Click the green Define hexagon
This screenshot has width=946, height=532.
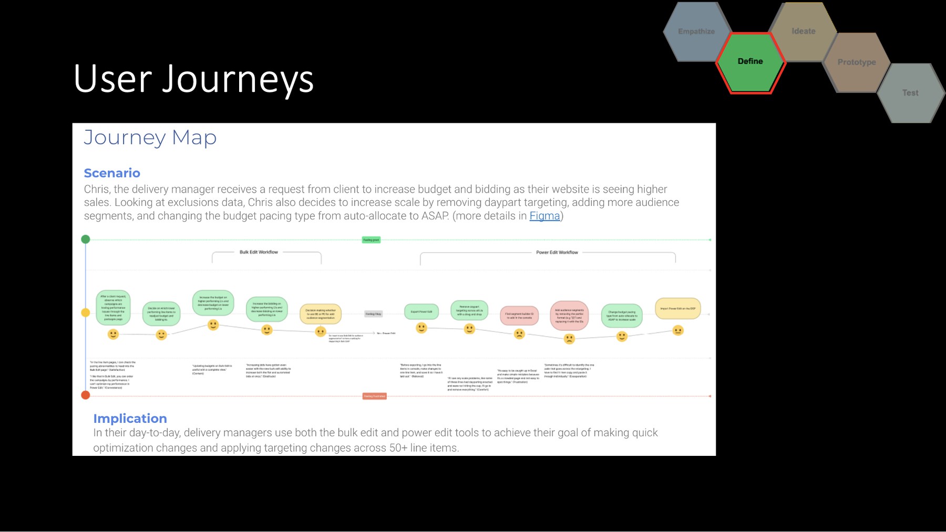pos(750,62)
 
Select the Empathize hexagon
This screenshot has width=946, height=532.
pos(696,32)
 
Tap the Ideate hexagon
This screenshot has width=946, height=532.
pos(803,32)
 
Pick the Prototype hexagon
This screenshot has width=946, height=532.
pos(856,62)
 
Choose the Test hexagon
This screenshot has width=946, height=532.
pos(910,93)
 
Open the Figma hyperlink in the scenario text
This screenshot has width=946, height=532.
pos(544,216)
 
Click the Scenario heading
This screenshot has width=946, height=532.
pos(112,173)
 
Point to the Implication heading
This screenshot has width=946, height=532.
pos(130,418)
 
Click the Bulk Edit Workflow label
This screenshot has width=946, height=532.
pos(259,252)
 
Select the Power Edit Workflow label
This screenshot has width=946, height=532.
pos(557,253)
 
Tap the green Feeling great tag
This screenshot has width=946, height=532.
pos(371,240)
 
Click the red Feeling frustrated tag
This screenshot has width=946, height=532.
pos(374,396)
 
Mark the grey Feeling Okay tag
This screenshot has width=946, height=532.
pos(373,314)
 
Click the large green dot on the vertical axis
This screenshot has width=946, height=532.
pos(86,239)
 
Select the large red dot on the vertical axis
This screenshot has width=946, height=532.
pos(86,395)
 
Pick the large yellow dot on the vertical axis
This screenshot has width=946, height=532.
pos(86,312)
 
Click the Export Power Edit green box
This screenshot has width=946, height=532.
pos(421,311)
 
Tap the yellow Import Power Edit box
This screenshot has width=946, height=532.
pos(677,308)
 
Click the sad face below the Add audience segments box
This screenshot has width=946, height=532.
pos(569,339)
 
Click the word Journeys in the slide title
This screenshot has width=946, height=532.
pos(238,79)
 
